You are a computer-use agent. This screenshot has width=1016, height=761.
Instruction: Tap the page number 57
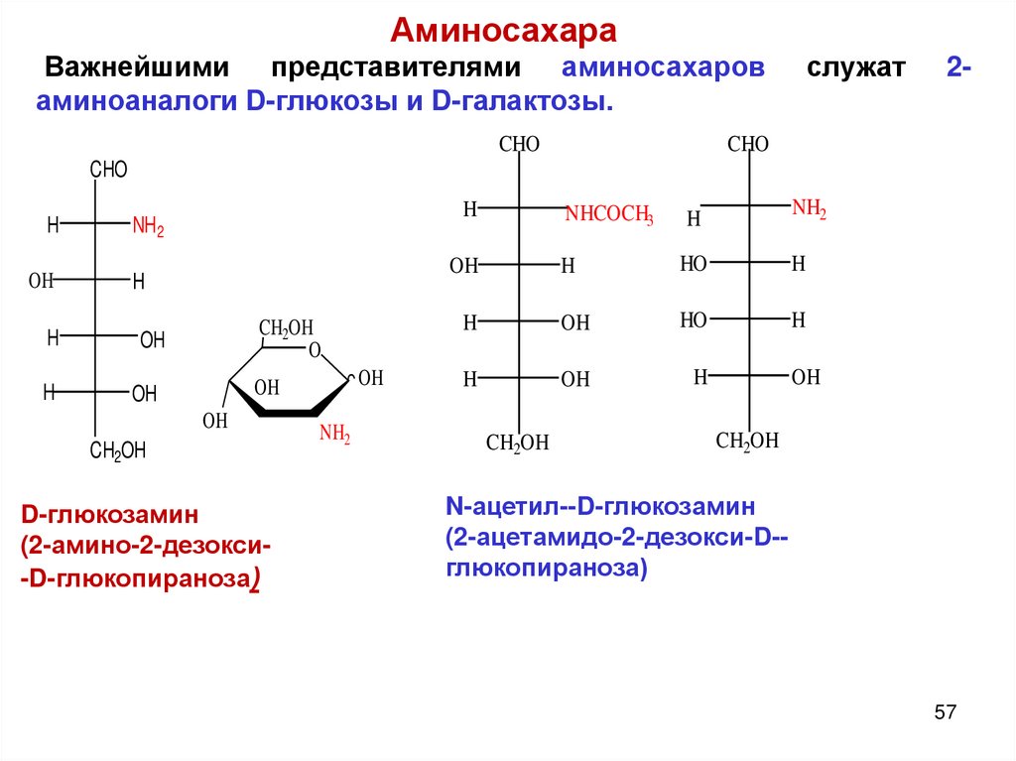(945, 712)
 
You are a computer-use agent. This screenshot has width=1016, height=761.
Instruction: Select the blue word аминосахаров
(663, 68)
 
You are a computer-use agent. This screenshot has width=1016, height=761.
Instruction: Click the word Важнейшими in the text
(138, 68)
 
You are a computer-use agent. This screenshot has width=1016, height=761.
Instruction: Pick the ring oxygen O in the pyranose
(315, 349)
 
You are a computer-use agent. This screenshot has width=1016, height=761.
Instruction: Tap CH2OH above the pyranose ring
(286, 328)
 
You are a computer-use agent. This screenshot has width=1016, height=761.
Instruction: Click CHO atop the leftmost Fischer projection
(108, 170)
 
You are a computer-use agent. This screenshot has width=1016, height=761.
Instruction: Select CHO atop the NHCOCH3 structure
(519, 145)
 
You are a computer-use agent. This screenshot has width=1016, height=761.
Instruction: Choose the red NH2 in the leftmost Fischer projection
(148, 227)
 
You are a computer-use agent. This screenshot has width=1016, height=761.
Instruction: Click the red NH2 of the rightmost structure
(809, 208)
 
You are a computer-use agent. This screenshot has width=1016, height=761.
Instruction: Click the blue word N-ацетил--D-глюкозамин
(600, 507)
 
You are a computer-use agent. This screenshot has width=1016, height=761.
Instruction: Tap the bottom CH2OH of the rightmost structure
(747, 442)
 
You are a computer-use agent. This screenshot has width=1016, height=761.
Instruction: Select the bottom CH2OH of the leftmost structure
(118, 451)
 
